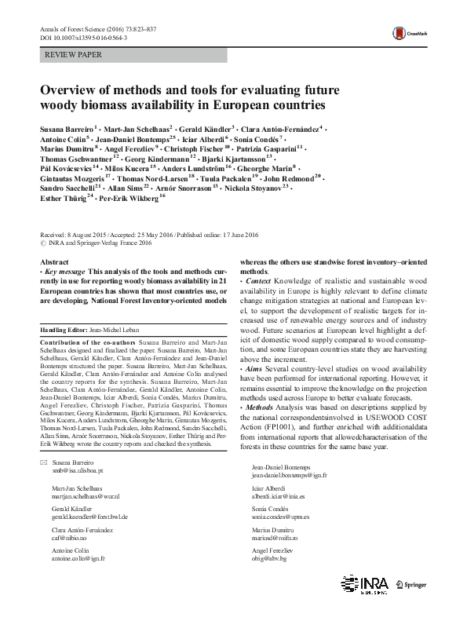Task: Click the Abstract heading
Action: (53, 261)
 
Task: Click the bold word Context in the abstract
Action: (259, 280)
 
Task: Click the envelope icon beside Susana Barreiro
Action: (43, 462)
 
